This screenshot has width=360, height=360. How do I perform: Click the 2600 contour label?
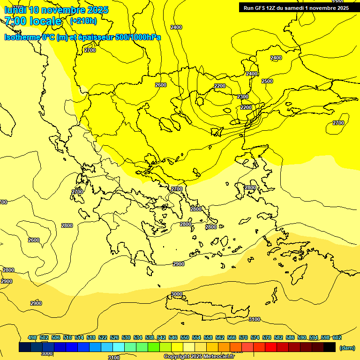(x=34, y=240)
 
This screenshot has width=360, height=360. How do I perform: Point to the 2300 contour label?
(x=243, y=97)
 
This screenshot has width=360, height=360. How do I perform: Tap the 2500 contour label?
(x=267, y=81)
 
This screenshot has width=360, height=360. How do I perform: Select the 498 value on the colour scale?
(x=32, y=337)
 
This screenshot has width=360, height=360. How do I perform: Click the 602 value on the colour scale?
(x=337, y=337)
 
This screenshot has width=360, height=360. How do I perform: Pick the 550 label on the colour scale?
(x=185, y=337)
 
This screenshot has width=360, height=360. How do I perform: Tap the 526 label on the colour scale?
(x=114, y=337)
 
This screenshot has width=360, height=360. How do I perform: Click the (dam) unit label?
(x=347, y=347)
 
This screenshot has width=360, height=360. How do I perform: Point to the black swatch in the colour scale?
(x=330, y=347)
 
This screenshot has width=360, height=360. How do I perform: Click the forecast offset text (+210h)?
(x=83, y=21)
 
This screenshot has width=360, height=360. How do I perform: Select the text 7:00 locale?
(x=33, y=21)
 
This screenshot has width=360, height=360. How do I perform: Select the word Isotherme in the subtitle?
(x=22, y=37)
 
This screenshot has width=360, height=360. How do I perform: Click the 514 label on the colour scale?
(x=79, y=337)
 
